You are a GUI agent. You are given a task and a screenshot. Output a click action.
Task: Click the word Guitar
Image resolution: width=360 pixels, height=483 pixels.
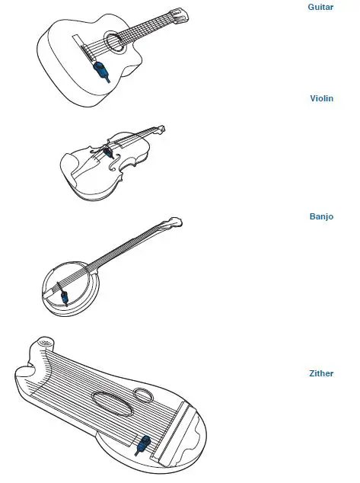[320, 7]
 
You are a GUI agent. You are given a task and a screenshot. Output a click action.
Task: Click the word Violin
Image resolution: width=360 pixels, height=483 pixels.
[322, 98]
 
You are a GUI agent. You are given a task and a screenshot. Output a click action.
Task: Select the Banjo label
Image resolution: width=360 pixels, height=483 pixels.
[321, 216]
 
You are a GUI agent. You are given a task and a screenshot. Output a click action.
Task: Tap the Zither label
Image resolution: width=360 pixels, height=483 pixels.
[320, 373]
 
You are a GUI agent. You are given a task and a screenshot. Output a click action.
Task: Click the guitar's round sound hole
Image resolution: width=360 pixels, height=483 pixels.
[113, 41]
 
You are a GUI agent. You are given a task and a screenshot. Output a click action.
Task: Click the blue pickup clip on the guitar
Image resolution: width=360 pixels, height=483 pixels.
[100, 72]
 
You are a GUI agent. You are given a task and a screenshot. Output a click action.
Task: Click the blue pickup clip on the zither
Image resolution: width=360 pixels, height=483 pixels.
[142, 444]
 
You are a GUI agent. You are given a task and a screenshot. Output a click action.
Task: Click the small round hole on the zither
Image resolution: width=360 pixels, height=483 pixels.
[142, 395]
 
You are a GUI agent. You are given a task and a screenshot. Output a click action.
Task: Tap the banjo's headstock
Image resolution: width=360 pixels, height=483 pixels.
[174, 222]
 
